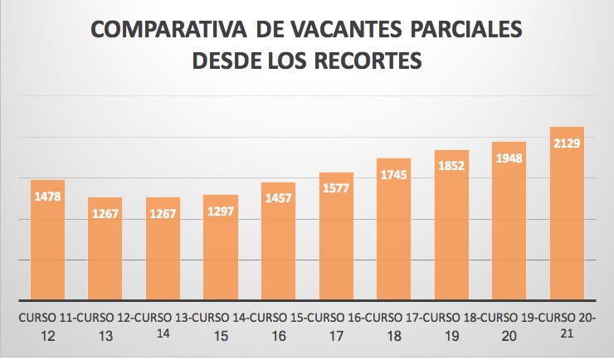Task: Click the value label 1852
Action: coord(452,165)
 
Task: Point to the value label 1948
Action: coord(509,158)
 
